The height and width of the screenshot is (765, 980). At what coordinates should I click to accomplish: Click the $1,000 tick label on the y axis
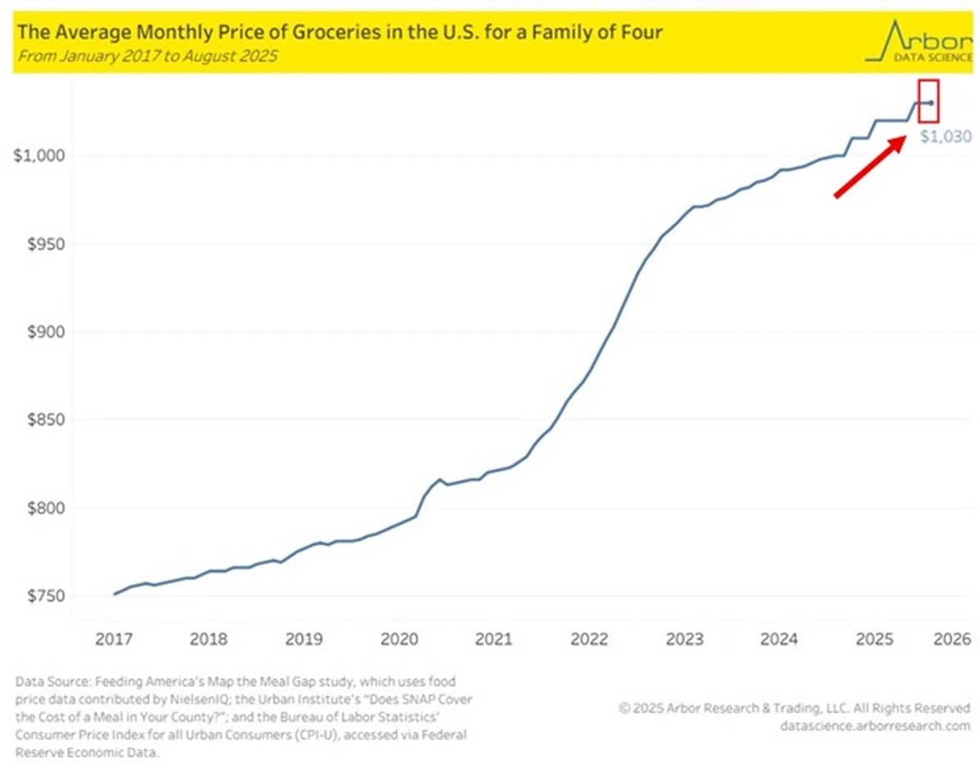point(39,156)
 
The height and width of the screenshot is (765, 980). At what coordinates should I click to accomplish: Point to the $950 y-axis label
point(46,244)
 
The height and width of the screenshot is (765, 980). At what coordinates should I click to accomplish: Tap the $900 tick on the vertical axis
point(46,332)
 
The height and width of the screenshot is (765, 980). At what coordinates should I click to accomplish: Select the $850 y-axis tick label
point(46,420)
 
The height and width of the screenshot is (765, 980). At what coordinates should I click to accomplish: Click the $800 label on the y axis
point(46,508)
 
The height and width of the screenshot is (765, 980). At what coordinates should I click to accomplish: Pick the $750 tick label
point(46,596)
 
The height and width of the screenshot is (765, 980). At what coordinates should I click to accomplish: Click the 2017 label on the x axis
point(114,639)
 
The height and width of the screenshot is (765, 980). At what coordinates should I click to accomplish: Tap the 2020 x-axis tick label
point(399,639)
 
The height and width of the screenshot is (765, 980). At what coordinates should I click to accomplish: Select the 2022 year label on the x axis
point(590,639)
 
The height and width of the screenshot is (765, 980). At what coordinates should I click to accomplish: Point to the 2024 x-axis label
point(779,639)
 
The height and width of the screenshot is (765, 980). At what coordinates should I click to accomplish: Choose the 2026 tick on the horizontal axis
point(952,639)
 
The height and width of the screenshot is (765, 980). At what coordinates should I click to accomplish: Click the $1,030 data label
point(946,136)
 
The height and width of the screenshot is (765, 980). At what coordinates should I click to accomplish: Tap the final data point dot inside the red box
point(931,103)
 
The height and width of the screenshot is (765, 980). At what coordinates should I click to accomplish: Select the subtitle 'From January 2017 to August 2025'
point(148,56)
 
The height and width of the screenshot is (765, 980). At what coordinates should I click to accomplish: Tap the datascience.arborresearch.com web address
point(875,726)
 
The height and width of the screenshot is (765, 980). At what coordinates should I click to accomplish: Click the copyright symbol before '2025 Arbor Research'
point(624,708)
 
